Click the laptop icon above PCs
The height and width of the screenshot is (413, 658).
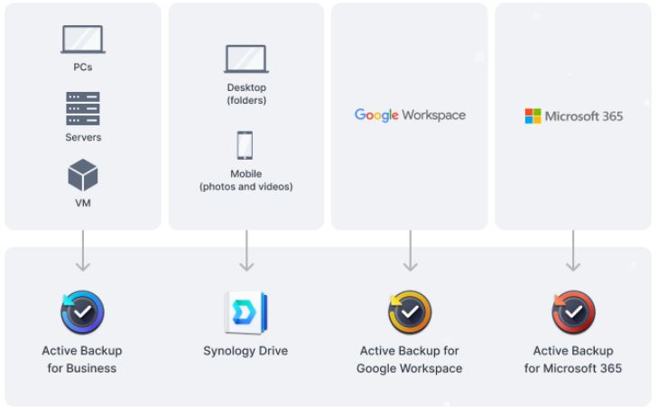point(83,40)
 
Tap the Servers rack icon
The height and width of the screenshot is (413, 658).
point(83,108)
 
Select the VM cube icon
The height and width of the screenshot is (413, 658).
point(83,175)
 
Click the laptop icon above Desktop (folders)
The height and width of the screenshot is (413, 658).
point(246,59)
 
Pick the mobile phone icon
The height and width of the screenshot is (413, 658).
point(246,145)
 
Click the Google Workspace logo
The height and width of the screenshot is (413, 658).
point(410,115)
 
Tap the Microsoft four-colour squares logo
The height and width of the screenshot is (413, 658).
point(533,116)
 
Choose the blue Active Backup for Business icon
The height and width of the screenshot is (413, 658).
point(82,312)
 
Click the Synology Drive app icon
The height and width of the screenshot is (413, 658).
point(246,312)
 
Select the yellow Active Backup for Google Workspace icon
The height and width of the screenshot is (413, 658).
point(410,312)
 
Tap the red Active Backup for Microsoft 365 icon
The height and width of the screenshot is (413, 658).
point(573,312)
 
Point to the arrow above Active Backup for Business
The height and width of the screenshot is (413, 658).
point(83,251)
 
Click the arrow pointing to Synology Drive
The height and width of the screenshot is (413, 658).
point(246,251)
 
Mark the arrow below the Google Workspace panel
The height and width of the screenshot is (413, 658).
point(410,251)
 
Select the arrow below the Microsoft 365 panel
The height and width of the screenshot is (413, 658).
point(573,251)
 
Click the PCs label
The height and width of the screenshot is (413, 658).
point(83,67)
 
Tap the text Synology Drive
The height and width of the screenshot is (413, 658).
point(246,351)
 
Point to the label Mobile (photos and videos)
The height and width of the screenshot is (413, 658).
point(246,179)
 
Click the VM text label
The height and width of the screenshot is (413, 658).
point(83,203)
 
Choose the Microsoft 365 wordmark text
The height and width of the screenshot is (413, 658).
point(584,116)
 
